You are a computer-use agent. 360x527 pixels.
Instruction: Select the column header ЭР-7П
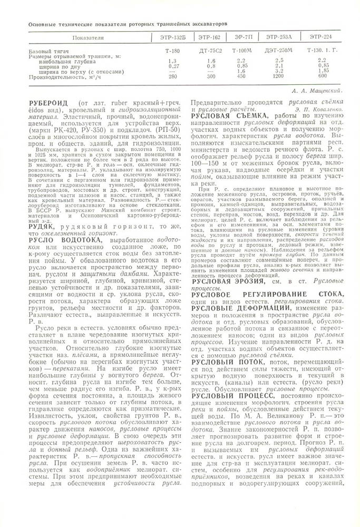[242, 38]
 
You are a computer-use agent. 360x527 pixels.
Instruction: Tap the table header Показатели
[89, 38]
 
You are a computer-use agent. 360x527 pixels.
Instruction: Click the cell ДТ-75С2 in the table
[210, 51]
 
